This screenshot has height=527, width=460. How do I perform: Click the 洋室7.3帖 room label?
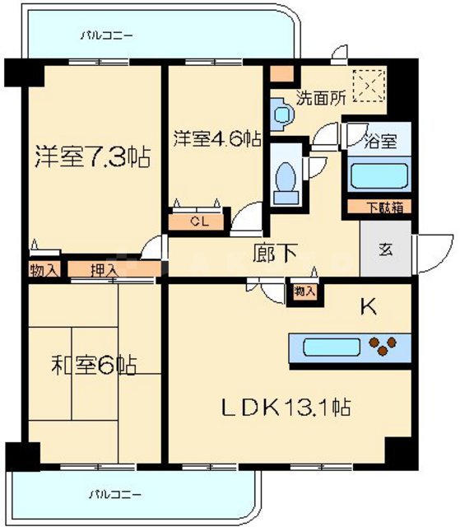click(x=91, y=157)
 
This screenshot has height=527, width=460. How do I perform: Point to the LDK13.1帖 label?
click(x=286, y=406)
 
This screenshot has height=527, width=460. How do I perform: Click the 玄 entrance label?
click(x=384, y=249)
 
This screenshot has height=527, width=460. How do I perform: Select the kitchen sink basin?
click(x=326, y=346)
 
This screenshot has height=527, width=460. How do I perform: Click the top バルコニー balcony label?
click(x=108, y=36)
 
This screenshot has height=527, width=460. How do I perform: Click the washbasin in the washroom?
click(x=280, y=113)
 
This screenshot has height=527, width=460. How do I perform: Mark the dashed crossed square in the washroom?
click(x=367, y=83)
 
